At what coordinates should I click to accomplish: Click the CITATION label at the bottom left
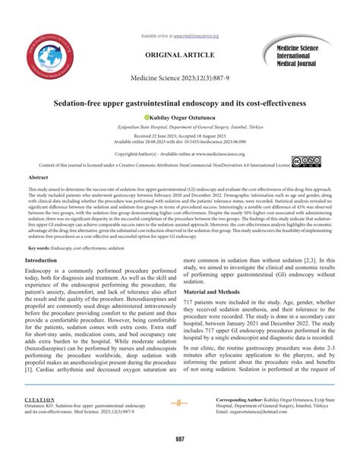pos(40,398)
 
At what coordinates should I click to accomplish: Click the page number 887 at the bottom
pos(180,439)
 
